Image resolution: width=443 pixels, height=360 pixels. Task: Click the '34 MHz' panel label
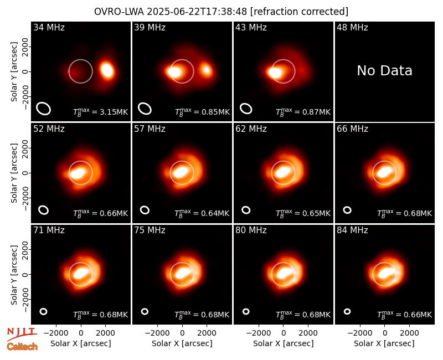(x=49, y=27)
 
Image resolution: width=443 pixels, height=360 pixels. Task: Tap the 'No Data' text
(x=384, y=70)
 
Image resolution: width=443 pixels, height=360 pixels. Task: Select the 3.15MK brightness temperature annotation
(x=101, y=112)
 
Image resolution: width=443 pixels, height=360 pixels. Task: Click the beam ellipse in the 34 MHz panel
(x=43, y=109)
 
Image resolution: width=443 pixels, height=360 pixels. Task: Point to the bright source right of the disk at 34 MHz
(x=107, y=70)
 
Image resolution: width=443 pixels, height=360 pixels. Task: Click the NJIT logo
(x=22, y=333)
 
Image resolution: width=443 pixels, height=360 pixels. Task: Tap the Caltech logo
(x=22, y=347)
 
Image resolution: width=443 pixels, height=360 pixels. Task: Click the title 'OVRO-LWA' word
(x=119, y=12)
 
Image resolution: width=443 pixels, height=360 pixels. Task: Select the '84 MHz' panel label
(x=352, y=230)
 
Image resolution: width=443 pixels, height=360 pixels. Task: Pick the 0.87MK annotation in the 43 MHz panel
(x=303, y=112)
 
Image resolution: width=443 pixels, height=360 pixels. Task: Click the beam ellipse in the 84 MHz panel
(x=347, y=311)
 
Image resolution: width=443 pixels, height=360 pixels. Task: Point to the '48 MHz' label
(x=352, y=27)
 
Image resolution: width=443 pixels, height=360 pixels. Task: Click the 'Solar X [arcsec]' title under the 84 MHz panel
(x=384, y=343)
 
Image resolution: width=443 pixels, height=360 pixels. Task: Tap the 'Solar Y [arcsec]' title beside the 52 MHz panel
(x=14, y=173)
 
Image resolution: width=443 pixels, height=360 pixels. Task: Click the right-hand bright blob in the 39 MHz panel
(x=206, y=70)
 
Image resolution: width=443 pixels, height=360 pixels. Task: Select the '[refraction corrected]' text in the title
(x=300, y=12)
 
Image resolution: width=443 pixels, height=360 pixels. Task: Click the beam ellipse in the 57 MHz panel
(x=145, y=210)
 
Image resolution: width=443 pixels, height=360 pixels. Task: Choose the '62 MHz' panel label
(x=251, y=129)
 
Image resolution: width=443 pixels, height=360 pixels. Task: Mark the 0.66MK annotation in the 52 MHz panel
(x=101, y=213)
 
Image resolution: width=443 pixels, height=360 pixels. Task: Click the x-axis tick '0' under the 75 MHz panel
(x=182, y=333)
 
